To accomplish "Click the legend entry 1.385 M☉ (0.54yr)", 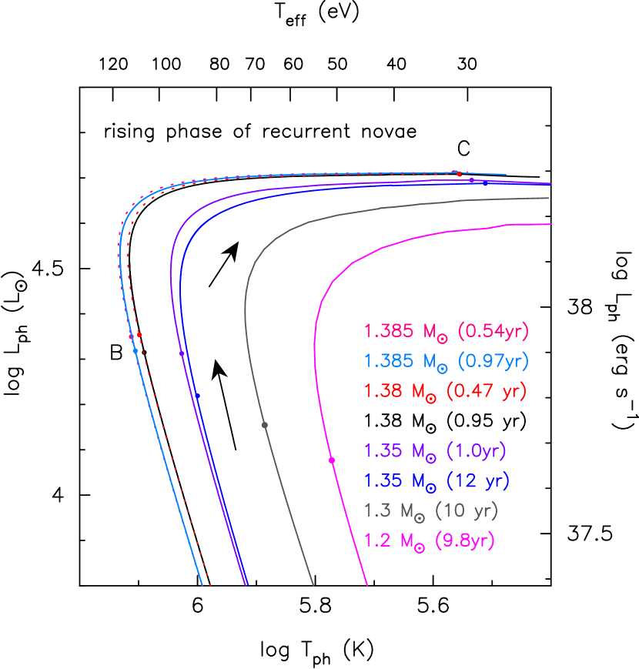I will click(447, 332).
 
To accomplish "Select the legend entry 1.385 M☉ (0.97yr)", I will click(447, 361).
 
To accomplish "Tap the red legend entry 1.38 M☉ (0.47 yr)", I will click(445, 390).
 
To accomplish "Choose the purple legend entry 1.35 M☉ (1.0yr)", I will click(436, 451).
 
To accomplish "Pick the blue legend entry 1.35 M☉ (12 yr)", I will click(437, 481).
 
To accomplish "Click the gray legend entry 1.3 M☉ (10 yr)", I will click(431, 510).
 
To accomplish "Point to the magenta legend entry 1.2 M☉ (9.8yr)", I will click(430, 540).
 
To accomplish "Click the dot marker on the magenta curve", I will click(332, 460).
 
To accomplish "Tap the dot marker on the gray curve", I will click(264, 425).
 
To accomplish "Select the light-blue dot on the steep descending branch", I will click(135, 351).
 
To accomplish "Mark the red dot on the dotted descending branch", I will click(139, 334).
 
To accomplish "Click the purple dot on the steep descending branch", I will click(182, 353).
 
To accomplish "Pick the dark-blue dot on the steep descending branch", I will click(197, 396).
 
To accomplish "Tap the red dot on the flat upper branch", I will click(457, 173).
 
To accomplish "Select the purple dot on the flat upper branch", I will click(471, 180).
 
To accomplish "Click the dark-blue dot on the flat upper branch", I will click(485, 184).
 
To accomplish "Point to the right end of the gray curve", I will click(549, 198).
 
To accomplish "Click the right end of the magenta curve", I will click(550, 224).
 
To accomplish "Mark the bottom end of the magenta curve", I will click(367, 585).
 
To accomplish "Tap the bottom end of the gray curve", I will click(313, 585).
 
